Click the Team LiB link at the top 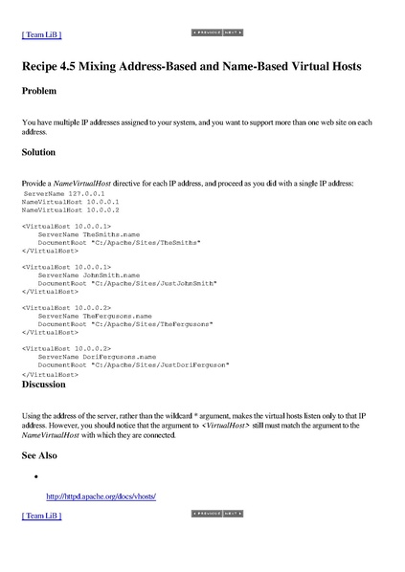(41, 34)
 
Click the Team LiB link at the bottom (41, 516)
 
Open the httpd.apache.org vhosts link (101, 496)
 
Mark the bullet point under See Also (35, 475)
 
